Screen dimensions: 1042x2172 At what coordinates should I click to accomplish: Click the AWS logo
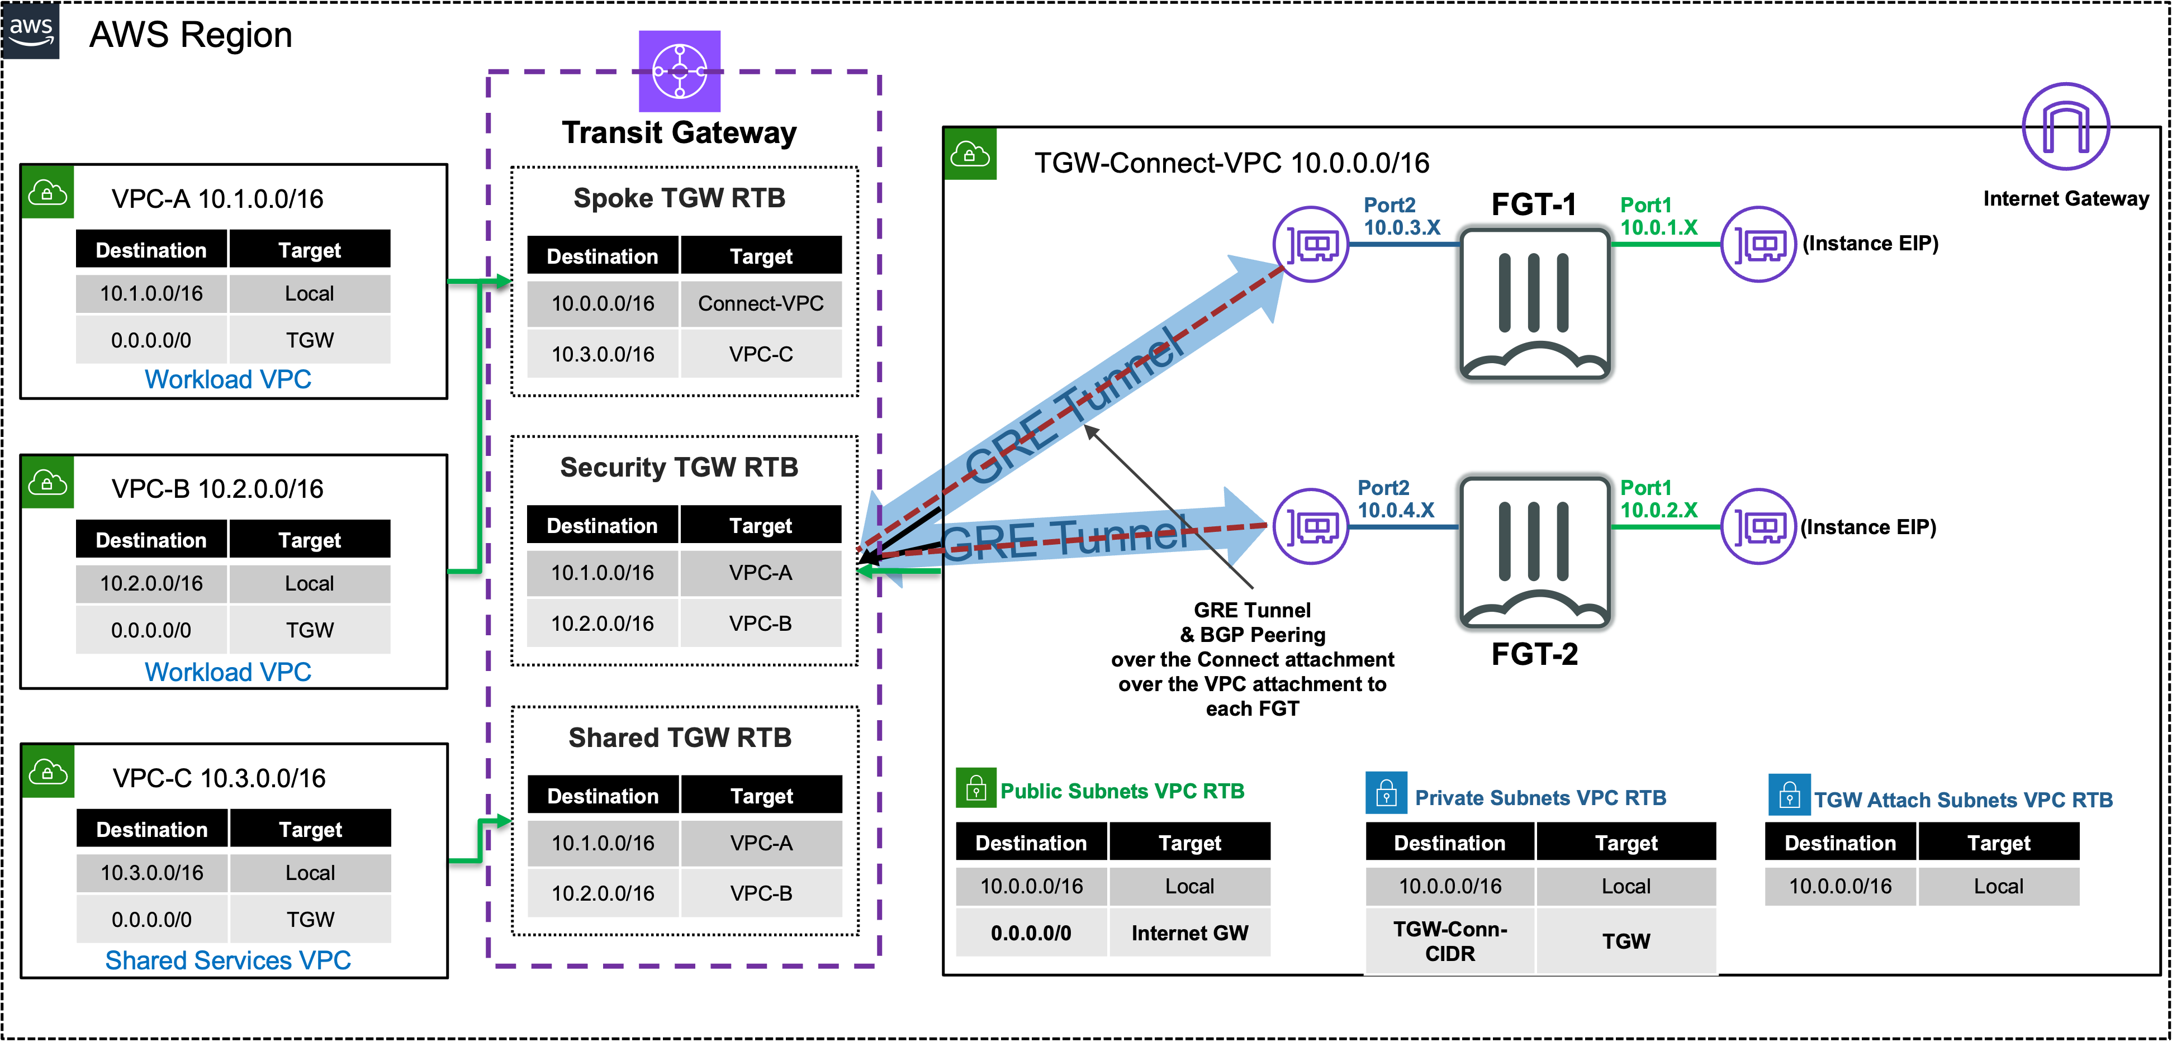click(31, 30)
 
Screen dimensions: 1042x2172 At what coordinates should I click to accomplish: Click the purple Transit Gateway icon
click(680, 72)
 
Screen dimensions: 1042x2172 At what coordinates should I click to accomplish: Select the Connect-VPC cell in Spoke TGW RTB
click(761, 303)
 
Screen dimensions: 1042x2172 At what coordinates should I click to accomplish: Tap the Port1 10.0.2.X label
click(1658, 499)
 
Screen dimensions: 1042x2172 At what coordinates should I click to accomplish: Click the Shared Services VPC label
click(227, 961)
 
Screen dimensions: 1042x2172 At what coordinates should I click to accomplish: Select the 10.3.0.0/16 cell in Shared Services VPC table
click(152, 873)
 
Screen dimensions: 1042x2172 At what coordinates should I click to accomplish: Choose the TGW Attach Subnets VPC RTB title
click(1963, 800)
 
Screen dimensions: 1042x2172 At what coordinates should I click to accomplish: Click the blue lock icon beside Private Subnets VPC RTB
click(1386, 793)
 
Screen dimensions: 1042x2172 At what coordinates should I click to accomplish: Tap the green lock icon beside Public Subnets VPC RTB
click(975, 788)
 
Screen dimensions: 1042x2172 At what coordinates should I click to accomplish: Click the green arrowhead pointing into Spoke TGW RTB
click(504, 280)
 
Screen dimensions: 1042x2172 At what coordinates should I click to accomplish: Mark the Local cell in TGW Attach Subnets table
click(1998, 886)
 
